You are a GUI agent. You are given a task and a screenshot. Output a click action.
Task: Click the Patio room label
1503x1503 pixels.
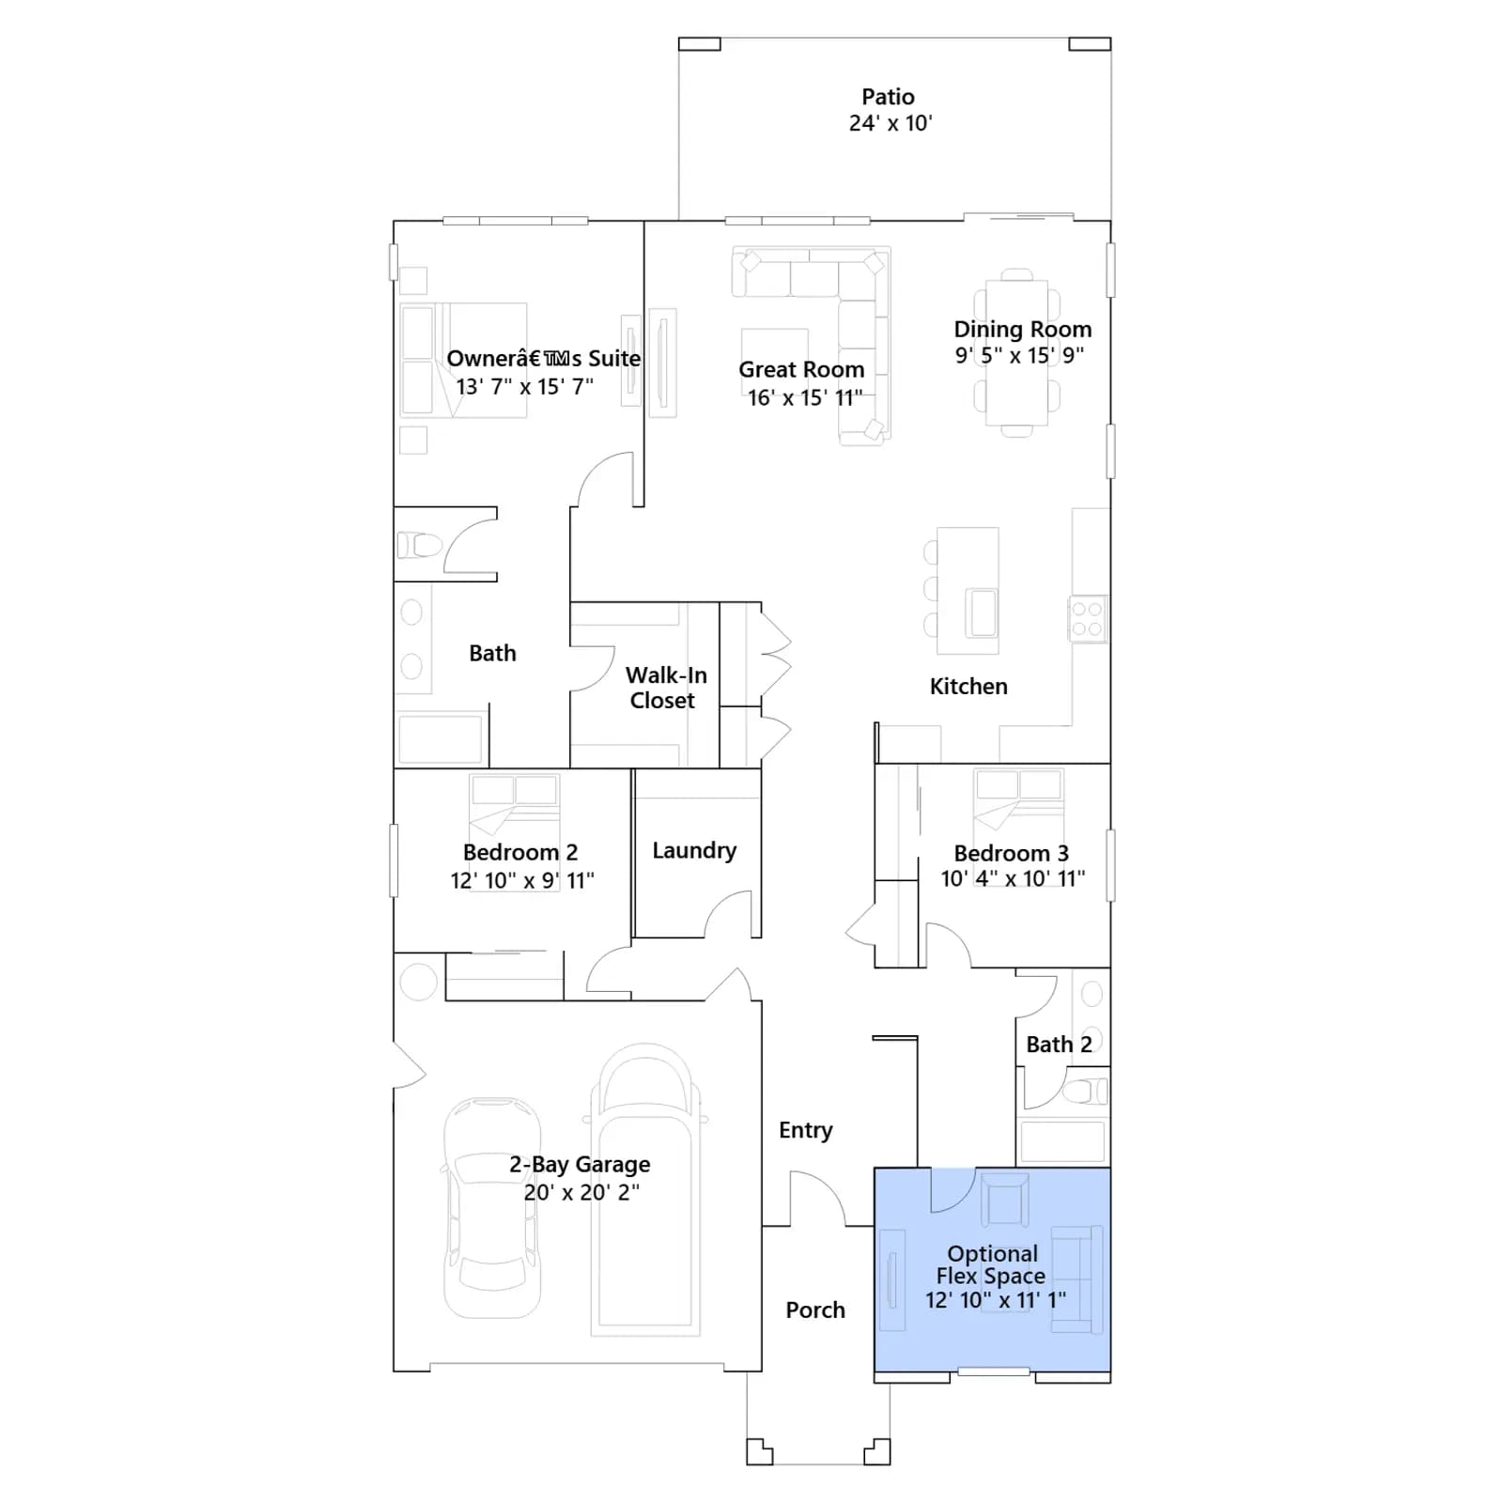pos(888,97)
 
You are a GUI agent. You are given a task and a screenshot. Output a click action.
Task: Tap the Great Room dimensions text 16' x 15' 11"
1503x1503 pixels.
pos(805,397)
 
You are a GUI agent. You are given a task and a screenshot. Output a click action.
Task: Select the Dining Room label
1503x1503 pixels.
pos(1023,329)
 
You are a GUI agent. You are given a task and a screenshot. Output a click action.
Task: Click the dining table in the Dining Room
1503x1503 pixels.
pos(1016,353)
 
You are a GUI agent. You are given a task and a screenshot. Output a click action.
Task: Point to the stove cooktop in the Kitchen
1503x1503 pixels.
pos(1088,619)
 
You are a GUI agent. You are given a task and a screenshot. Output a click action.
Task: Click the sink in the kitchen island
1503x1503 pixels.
pos(983,612)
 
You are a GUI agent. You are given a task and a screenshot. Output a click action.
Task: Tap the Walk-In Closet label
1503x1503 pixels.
pos(666,688)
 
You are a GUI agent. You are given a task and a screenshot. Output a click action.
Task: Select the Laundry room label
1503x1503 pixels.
pos(694,850)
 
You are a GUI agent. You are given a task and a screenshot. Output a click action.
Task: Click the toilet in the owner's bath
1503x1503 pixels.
pos(419,545)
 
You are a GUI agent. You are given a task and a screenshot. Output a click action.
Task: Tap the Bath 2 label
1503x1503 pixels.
pos(1059,1045)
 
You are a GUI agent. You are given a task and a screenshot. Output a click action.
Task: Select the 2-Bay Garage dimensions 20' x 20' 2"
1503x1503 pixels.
pos(581,1192)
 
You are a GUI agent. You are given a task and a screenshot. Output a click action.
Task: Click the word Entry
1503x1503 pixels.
pos(806,1130)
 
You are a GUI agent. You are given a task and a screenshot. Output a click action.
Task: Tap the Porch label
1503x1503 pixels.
pos(815,1309)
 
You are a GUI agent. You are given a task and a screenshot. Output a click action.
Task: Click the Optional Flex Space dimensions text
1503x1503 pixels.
pos(996,1300)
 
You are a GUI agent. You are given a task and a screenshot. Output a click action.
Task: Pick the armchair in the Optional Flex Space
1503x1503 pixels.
pos(1004,1199)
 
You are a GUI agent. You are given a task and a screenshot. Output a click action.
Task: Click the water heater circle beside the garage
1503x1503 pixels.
pos(418,981)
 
